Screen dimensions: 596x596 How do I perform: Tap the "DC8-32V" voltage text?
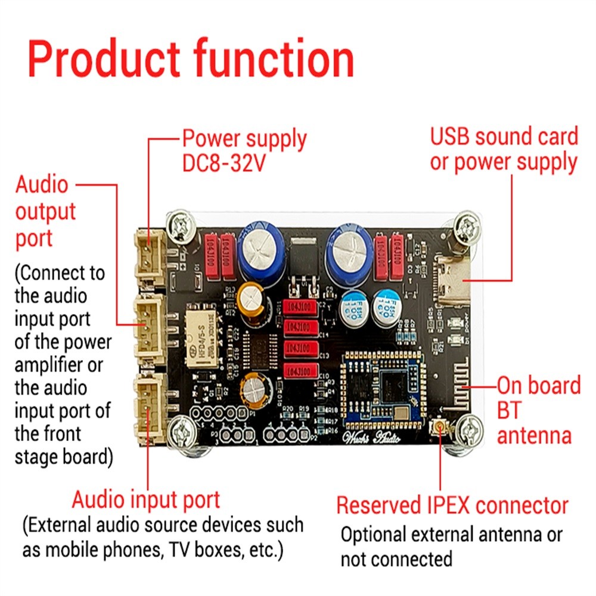coord(223,163)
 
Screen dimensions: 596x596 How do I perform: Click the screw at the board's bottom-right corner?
coord(469,430)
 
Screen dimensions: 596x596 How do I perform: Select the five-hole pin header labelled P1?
coord(219,413)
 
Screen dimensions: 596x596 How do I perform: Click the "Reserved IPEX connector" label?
coord(452,505)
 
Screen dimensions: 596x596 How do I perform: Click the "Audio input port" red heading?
coord(146,499)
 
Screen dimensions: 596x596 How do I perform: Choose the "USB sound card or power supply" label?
coord(504,149)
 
